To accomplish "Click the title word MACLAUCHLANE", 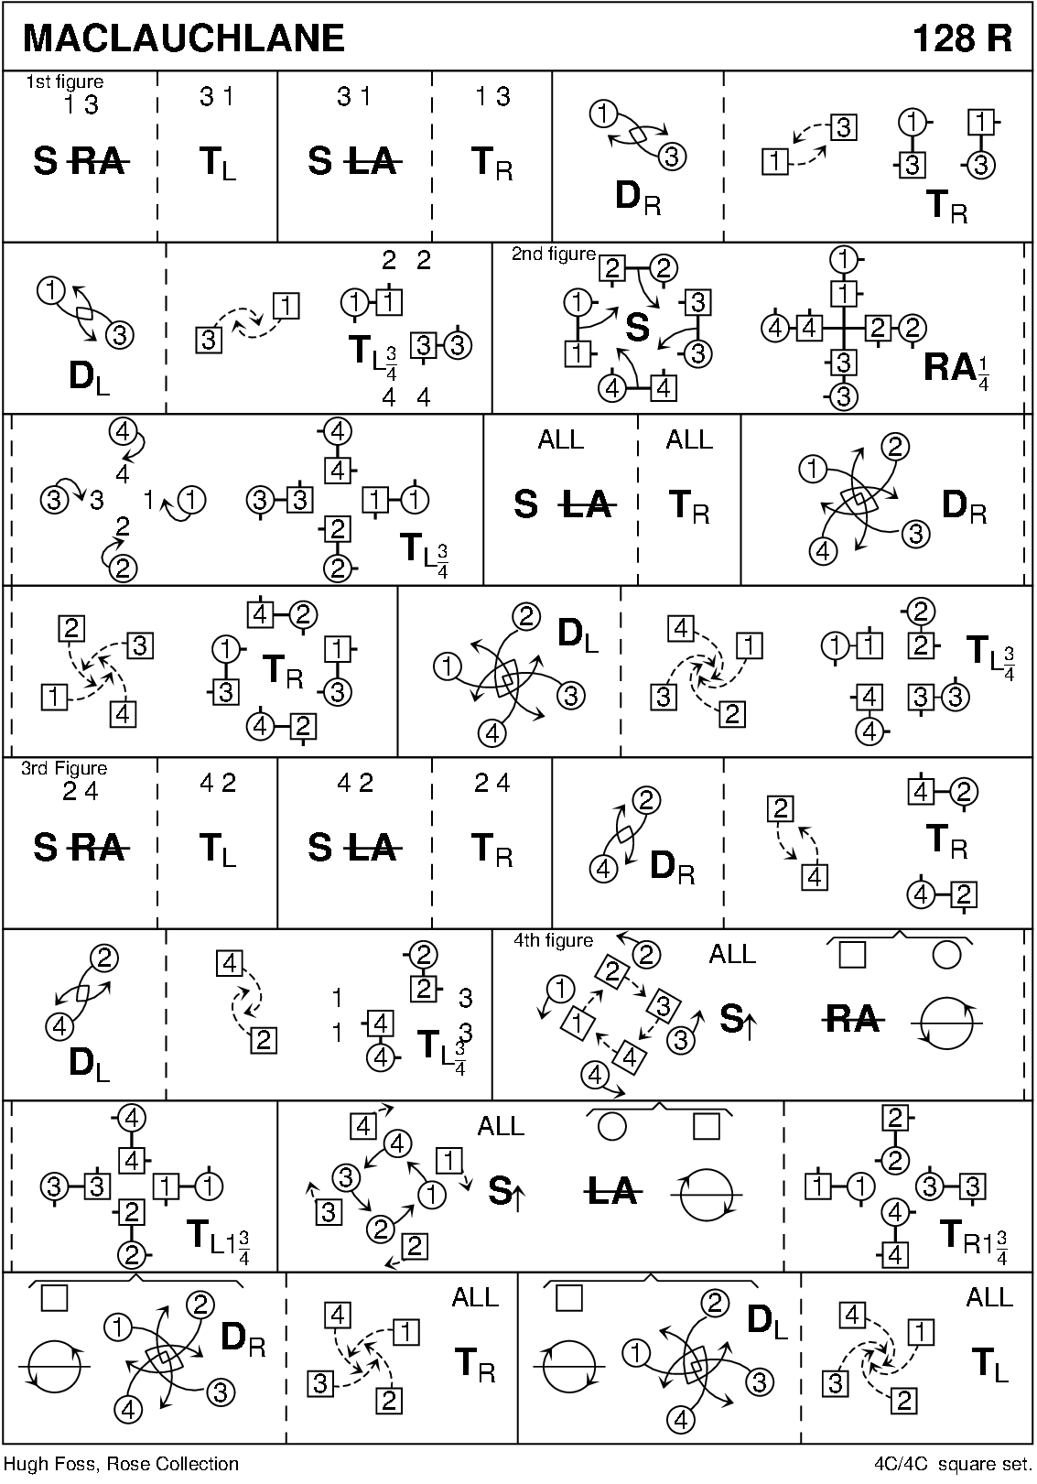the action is pyautogui.click(x=184, y=38).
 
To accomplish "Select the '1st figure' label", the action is pyautogui.click(x=64, y=82).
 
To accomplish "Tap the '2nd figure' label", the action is pyautogui.click(x=553, y=255).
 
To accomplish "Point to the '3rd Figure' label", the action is pyautogui.click(x=64, y=768).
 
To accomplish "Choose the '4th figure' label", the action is pyautogui.click(x=553, y=940).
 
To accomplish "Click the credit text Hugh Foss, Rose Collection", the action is pyautogui.click(x=122, y=1464).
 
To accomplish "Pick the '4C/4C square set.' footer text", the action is pyautogui.click(x=952, y=1464).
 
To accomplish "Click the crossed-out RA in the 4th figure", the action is pyautogui.click(x=851, y=1019).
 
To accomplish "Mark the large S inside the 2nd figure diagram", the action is pyautogui.click(x=637, y=328).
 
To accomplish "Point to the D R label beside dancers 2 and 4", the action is pyautogui.click(x=672, y=866).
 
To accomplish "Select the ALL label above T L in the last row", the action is pyautogui.click(x=989, y=1297).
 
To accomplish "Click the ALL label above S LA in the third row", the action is pyautogui.click(x=560, y=440).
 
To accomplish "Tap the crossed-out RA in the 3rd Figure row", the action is pyautogui.click(x=98, y=849).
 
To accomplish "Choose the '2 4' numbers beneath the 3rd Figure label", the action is pyautogui.click(x=81, y=792).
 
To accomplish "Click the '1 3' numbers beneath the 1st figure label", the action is pyautogui.click(x=81, y=105).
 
